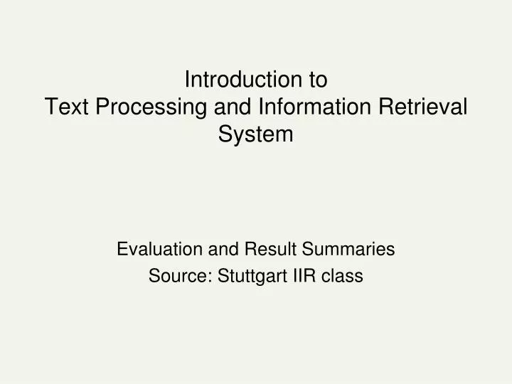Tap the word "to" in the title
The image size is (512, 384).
318,80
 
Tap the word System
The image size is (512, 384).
256,134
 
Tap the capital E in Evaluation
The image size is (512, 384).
122,249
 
